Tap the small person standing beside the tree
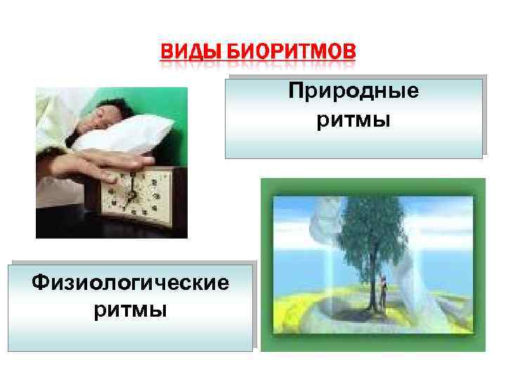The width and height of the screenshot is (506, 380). click(384, 291)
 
